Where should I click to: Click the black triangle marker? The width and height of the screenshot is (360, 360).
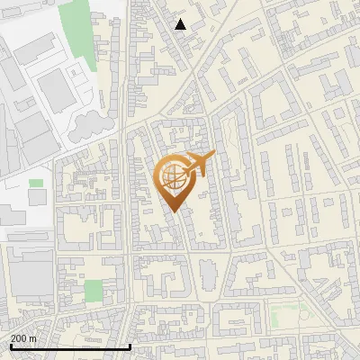[181, 24]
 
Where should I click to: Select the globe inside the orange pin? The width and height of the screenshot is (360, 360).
[174, 180]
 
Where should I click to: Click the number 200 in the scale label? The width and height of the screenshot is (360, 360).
[19, 338]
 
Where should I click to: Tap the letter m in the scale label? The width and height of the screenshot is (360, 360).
[33, 338]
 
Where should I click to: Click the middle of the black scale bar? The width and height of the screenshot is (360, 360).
[69, 346]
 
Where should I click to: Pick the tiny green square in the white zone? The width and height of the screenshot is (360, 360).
[36, 183]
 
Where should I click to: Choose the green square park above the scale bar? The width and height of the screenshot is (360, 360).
[94, 291]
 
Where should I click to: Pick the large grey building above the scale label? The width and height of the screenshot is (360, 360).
[30, 274]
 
